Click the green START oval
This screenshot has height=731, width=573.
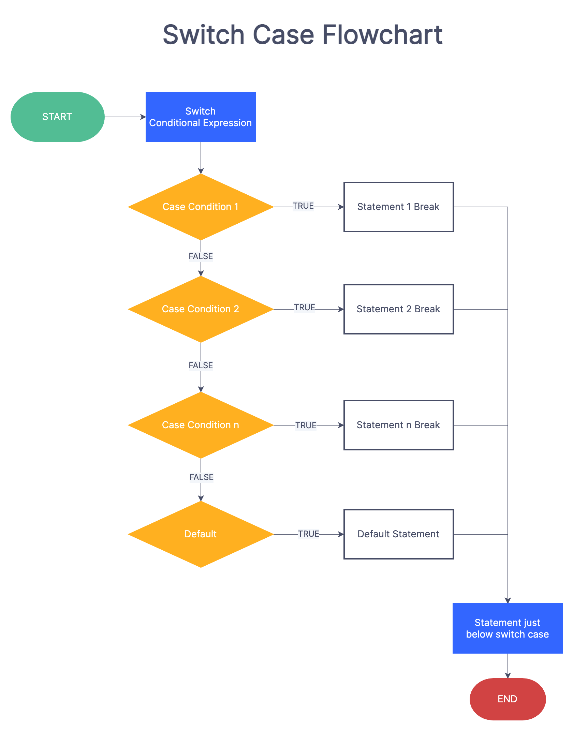pos(57,117)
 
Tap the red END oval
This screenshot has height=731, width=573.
pos(508,699)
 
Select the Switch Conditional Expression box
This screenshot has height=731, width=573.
pos(201,117)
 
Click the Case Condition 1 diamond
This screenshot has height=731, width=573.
pos(201,207)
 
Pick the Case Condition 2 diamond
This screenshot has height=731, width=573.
pos(201,309)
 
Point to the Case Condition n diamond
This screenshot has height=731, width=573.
pos(201,425)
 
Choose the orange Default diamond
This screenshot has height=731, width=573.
pos(201,534)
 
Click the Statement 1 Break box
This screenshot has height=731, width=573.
pos(398,207)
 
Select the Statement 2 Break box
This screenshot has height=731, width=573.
pos(398,309)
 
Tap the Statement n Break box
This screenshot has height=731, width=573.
pos(398,425)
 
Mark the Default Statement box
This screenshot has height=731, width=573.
pos(398,534)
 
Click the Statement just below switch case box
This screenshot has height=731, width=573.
pos(508,628)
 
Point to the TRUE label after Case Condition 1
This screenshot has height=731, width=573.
pos(303,206)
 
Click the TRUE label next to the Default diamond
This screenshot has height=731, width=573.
pos(309,534)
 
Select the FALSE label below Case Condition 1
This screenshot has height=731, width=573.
pos(201,256)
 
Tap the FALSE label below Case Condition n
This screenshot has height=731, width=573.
pos(202,477)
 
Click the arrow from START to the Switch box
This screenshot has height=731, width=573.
pos(125,117)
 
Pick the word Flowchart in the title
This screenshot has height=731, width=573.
pos(382,35)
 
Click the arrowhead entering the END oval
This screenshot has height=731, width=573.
pos(508,675)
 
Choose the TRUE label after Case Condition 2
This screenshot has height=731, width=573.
pos(305,308)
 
